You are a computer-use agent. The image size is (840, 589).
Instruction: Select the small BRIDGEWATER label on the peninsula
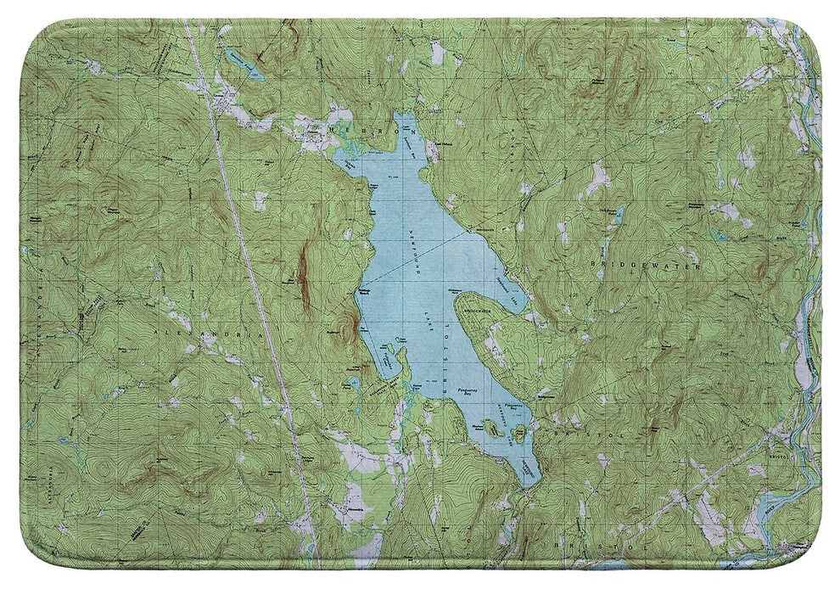coord(479,313)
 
